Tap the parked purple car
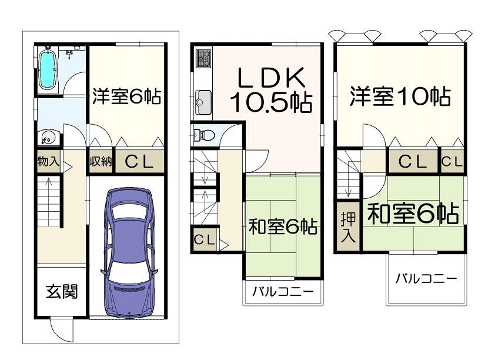pos(129,252)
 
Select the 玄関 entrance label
pos(62,292)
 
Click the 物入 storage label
pos(48,162)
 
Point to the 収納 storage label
pos(101,162)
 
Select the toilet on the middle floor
pos(203,135)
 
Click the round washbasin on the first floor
pos(48,138)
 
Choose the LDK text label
pos(271,78)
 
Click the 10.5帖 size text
pos(271,102)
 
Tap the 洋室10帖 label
pos(400,96)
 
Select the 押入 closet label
pos(348,228)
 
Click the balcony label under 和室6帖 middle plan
pos(283,292)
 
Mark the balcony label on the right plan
pos(426,278)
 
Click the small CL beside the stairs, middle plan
pos(204,240)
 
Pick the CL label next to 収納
pos(139,162)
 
